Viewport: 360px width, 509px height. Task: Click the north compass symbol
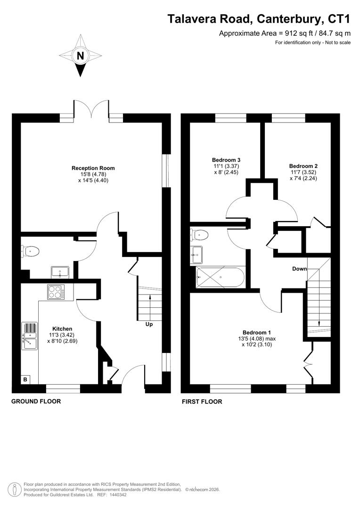[80, 56]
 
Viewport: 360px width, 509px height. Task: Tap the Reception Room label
[93, 168]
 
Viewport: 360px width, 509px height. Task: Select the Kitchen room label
[62, 329]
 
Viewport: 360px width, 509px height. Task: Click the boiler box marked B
[25, 379]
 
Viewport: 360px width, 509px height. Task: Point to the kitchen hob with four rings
[56, 292]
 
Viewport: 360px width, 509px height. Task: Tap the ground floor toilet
[30, 252]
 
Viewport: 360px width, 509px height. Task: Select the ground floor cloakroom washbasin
[59, 272]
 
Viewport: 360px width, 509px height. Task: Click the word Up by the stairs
[148, 324]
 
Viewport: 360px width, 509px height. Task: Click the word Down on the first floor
[299, 269]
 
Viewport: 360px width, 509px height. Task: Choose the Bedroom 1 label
[257, 332]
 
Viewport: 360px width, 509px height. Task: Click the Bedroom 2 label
[303, 166]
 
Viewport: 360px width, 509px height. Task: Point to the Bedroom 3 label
[224, 160]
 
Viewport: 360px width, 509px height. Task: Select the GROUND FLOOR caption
[36, 402]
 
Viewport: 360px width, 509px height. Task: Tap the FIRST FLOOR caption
[202, 402]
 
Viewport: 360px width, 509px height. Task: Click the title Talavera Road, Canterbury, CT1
[259, 19]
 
